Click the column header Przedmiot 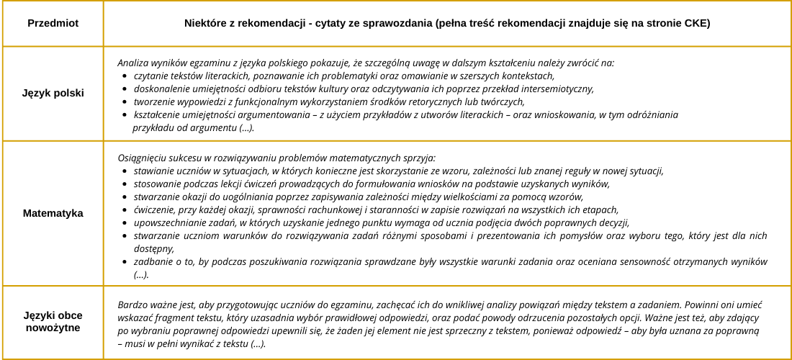pos(53,24)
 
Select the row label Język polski pos(53,94)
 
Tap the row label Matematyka pos(53,213)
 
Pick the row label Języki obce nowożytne pos(53,322)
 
